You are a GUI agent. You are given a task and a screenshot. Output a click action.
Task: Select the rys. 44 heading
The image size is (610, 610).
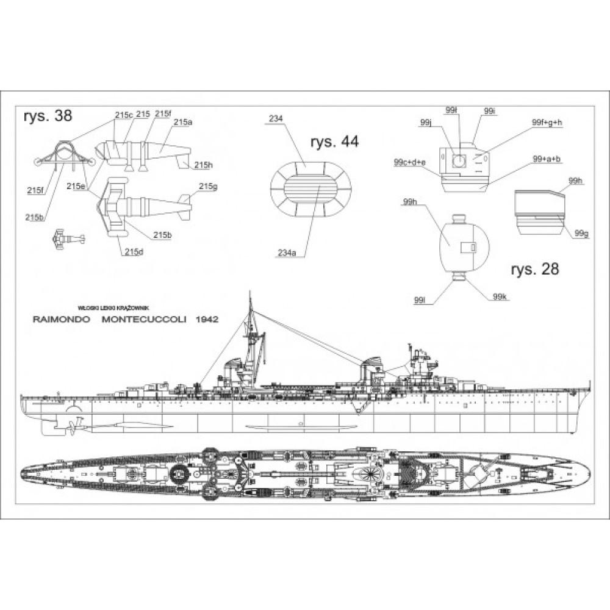[x=334, y=142]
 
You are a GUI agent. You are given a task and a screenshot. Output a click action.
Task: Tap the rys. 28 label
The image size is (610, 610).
[x=535, y=269]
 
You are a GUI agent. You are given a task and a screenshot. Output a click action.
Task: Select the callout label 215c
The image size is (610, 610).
[x=123, y=114]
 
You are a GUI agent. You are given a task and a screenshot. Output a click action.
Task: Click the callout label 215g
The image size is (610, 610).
[x=207, y=186]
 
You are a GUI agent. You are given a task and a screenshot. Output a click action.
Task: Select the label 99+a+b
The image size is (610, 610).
[x=546, y=159]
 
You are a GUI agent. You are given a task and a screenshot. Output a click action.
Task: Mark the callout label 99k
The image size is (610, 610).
[x=500, y=296]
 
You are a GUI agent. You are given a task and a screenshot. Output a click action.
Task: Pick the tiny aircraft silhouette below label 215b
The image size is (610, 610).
[x=66, y=237]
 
